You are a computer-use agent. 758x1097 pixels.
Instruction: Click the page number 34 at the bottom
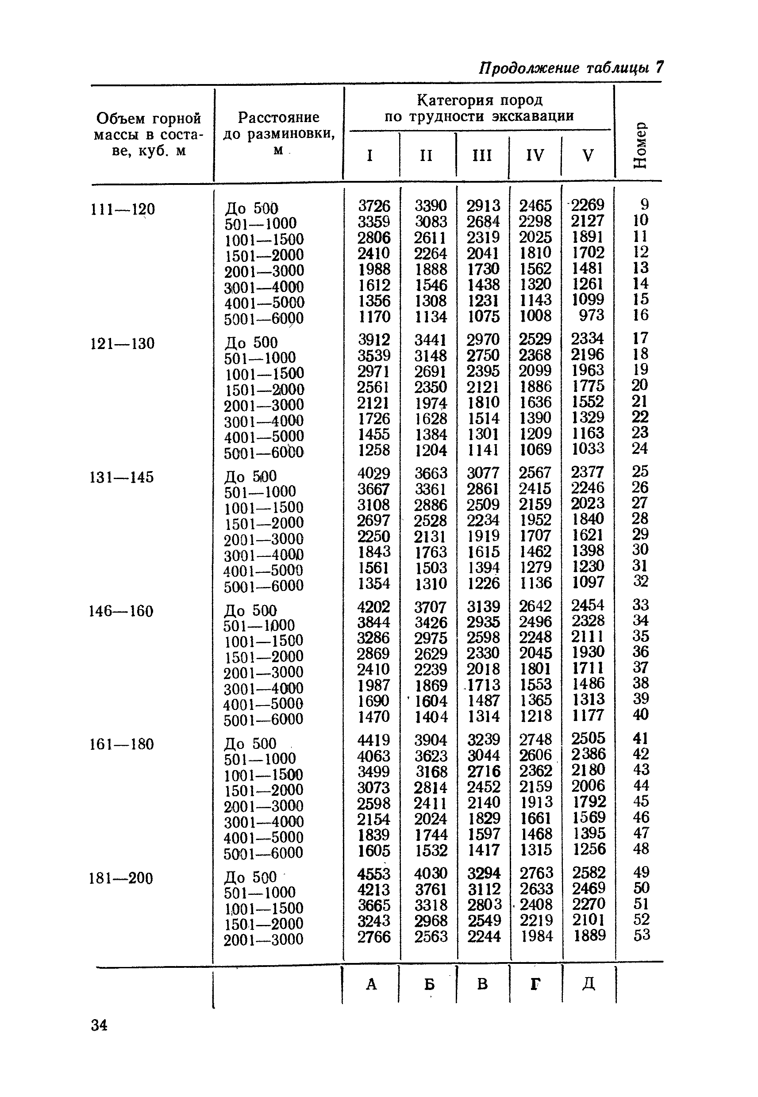[99, 1025]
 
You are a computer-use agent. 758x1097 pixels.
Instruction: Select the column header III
[482, 155]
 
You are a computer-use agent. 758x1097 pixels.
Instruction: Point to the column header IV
[535, 155]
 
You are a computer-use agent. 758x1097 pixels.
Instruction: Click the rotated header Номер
[640, 145]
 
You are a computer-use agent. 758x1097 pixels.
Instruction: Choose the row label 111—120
[123, 209]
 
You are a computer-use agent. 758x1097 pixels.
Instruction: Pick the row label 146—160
[122, 611]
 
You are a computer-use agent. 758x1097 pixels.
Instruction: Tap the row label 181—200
[121, 878]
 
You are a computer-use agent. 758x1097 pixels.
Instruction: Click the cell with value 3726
[374, 206]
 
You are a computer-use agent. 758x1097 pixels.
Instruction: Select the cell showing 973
[591, 315]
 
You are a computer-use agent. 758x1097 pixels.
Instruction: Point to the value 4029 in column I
[374, 473]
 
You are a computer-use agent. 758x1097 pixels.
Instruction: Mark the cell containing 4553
[374, 874]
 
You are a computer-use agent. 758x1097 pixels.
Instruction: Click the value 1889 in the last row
[589, 935]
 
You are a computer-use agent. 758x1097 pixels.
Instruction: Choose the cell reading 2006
[589, 786]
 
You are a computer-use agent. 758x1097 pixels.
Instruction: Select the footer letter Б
[429, 984]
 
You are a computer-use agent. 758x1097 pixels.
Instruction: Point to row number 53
[642, 935]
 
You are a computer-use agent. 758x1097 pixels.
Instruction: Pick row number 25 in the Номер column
[640, 472]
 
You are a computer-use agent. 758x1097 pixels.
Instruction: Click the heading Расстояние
[278, 117]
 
